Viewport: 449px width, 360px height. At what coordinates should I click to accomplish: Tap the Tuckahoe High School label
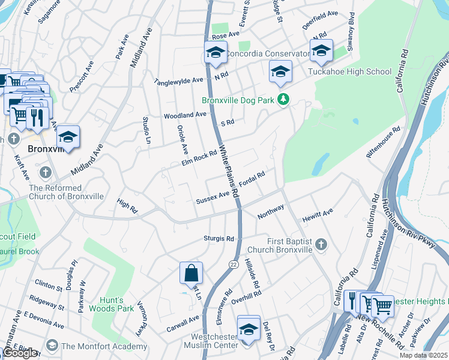(349, 72)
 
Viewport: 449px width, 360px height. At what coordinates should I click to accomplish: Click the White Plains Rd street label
(229, 171)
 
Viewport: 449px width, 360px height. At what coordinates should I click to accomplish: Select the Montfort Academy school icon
(52, 346)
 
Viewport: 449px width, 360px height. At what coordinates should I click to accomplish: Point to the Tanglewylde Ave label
(179, 80)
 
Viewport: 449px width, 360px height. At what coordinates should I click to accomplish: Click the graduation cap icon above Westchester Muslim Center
(249, 327)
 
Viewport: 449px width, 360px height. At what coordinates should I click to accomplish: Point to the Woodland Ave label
(185, 115)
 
